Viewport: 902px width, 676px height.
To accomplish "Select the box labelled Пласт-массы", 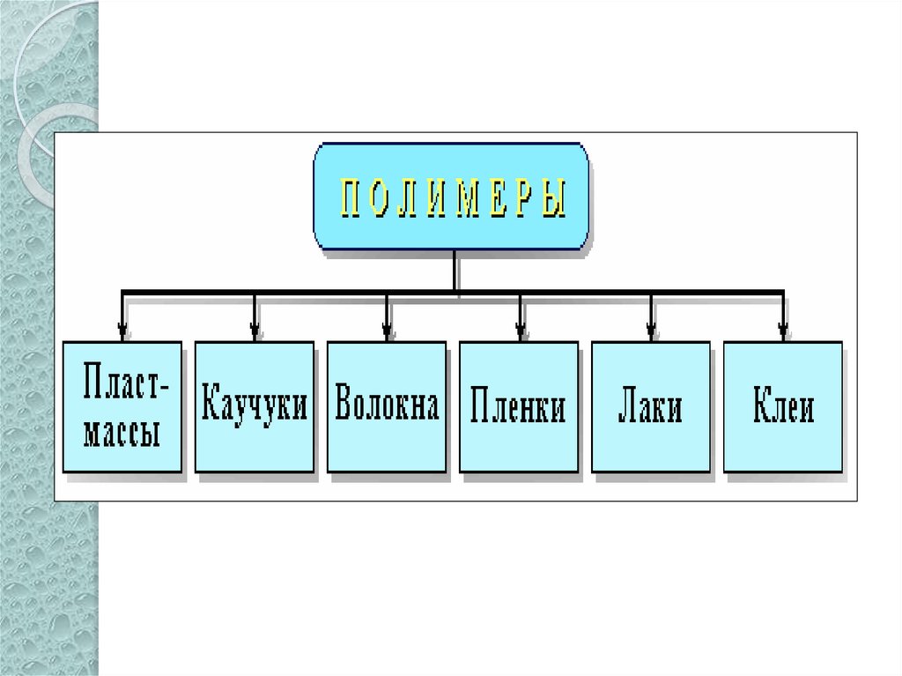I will click(x=122, y=406).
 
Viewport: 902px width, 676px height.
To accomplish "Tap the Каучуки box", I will click(x=255, y=406).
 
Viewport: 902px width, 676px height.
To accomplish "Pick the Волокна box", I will click(x=387, y=406).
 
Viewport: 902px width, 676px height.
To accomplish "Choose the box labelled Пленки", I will click(x=519, y=406).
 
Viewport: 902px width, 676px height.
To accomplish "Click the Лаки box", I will click(x=651, y=406).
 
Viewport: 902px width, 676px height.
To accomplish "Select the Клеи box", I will click(x=783, y=406).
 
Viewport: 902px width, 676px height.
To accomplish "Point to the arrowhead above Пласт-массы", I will click(x=122, y=332).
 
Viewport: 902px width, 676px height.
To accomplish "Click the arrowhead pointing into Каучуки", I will click(x=255, y=332).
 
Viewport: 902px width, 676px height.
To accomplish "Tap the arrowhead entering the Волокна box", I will click(x=387, y=332).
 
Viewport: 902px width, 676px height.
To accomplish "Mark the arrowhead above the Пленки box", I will click(x=520, y=332).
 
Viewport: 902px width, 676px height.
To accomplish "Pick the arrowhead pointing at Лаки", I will click(x=651, y=332).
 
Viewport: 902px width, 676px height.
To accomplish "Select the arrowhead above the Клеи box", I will click(x=783, y=332).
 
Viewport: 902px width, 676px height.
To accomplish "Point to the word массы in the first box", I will click(x=122, y=433).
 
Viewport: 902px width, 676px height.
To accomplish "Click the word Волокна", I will click(x=387, y=406).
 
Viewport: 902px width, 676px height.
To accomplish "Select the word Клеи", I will click(x=783, y=408).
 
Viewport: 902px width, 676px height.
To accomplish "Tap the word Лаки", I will click(x=651, y=408).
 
